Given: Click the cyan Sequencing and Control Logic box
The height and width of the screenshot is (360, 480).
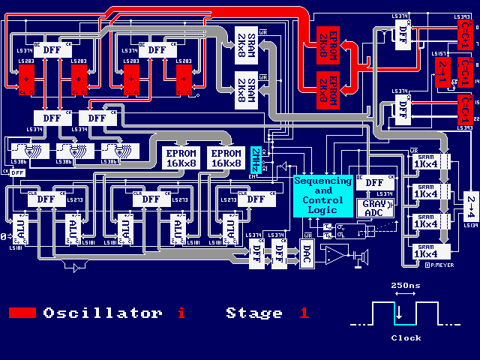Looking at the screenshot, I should [322, 196].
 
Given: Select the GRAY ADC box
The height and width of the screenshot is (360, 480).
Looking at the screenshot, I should [372, 208].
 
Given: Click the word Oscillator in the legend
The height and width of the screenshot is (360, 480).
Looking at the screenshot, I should [102, 313].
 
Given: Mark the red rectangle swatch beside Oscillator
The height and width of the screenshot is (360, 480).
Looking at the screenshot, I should [22, 313].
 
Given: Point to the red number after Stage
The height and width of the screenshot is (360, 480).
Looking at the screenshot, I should [304, 313].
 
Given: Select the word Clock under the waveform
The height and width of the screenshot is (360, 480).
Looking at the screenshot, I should [406, 338].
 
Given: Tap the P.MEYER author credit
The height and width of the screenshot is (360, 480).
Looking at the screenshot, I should [436, 264].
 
